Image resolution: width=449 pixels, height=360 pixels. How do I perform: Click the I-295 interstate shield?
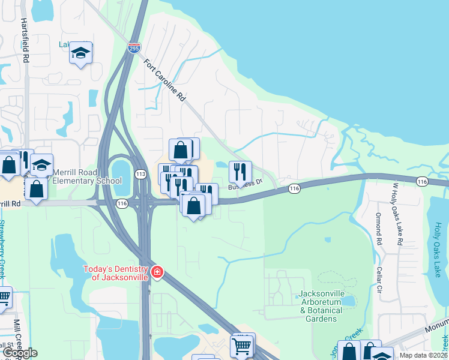pyautogui.click(x=134, y=47)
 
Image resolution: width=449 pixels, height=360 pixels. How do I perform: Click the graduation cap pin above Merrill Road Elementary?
pyautogui.click(x=41, y=164)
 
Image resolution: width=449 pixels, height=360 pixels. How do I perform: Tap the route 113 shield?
pyautogui.click(x=141, y=174)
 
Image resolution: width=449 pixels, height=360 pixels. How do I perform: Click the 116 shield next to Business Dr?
pyautogui.click(x=294, y=188)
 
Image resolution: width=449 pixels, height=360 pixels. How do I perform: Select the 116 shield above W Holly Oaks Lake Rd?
pyautogui.click(x=422, y=181)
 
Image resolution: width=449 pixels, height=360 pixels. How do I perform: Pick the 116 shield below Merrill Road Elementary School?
pyautogui.click(x=122, y=204)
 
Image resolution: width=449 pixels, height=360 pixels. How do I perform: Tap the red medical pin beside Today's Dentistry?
pyautogui.click(x=157, y=272)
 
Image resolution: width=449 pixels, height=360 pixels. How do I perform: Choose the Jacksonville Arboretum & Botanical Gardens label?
pyautogui.click(x=320, y=306)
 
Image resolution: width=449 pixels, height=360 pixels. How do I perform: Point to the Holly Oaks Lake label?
pyautogui.click(x=438, y=245)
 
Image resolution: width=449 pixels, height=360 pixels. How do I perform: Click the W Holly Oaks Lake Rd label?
pyautogui.click(x=396, y=213)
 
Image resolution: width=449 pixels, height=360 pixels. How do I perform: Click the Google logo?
pyautogui.click(x=19, y=353)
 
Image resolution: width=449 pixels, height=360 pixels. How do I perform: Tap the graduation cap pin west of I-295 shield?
pyautogui.click(x=80, y=53)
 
